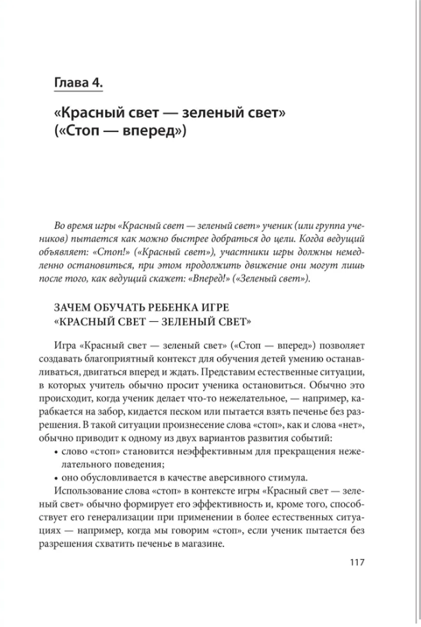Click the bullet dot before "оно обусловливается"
point(56,477)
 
